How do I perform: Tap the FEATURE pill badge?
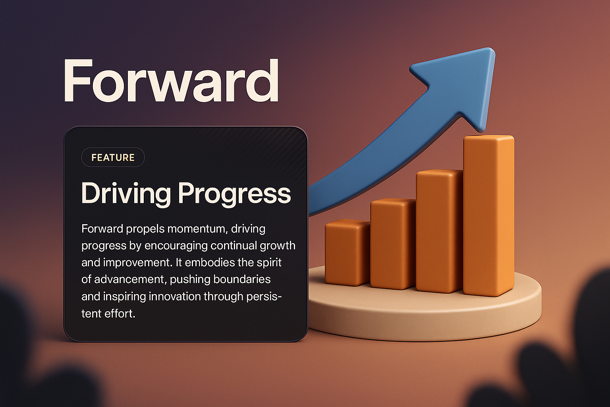point(113,157)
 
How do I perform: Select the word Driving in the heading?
point(126,194)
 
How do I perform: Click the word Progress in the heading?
point(234,194)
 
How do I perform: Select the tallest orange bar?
point(488,215)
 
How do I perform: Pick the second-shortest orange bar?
point(392,243)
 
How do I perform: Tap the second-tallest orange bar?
point(439,231)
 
